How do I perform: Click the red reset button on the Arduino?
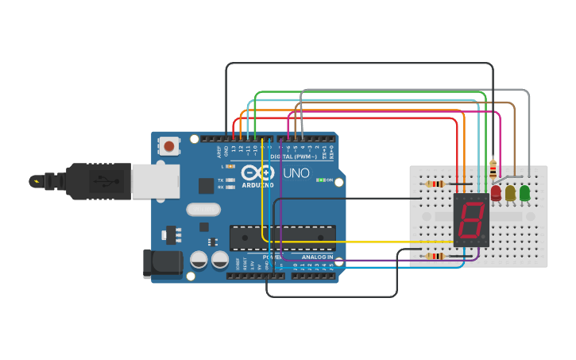tap(169, 146)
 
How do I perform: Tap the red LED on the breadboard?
tap(497, 192)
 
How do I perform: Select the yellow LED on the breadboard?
tap(510, 192)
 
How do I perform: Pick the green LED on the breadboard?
tap(524, 192)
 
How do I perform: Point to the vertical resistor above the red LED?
tap(493, 168)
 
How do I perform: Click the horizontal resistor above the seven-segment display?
tap(435, 184)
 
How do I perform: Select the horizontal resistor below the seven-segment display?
tap(435, 256)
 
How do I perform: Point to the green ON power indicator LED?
tap(320, 180)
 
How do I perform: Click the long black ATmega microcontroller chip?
tap(282, 237)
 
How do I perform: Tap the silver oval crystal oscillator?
tap(203, 210)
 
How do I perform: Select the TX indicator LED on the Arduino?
tap(230, 180)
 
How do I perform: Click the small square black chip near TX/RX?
tap(207, 185)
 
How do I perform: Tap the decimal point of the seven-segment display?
tap(484, 237)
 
